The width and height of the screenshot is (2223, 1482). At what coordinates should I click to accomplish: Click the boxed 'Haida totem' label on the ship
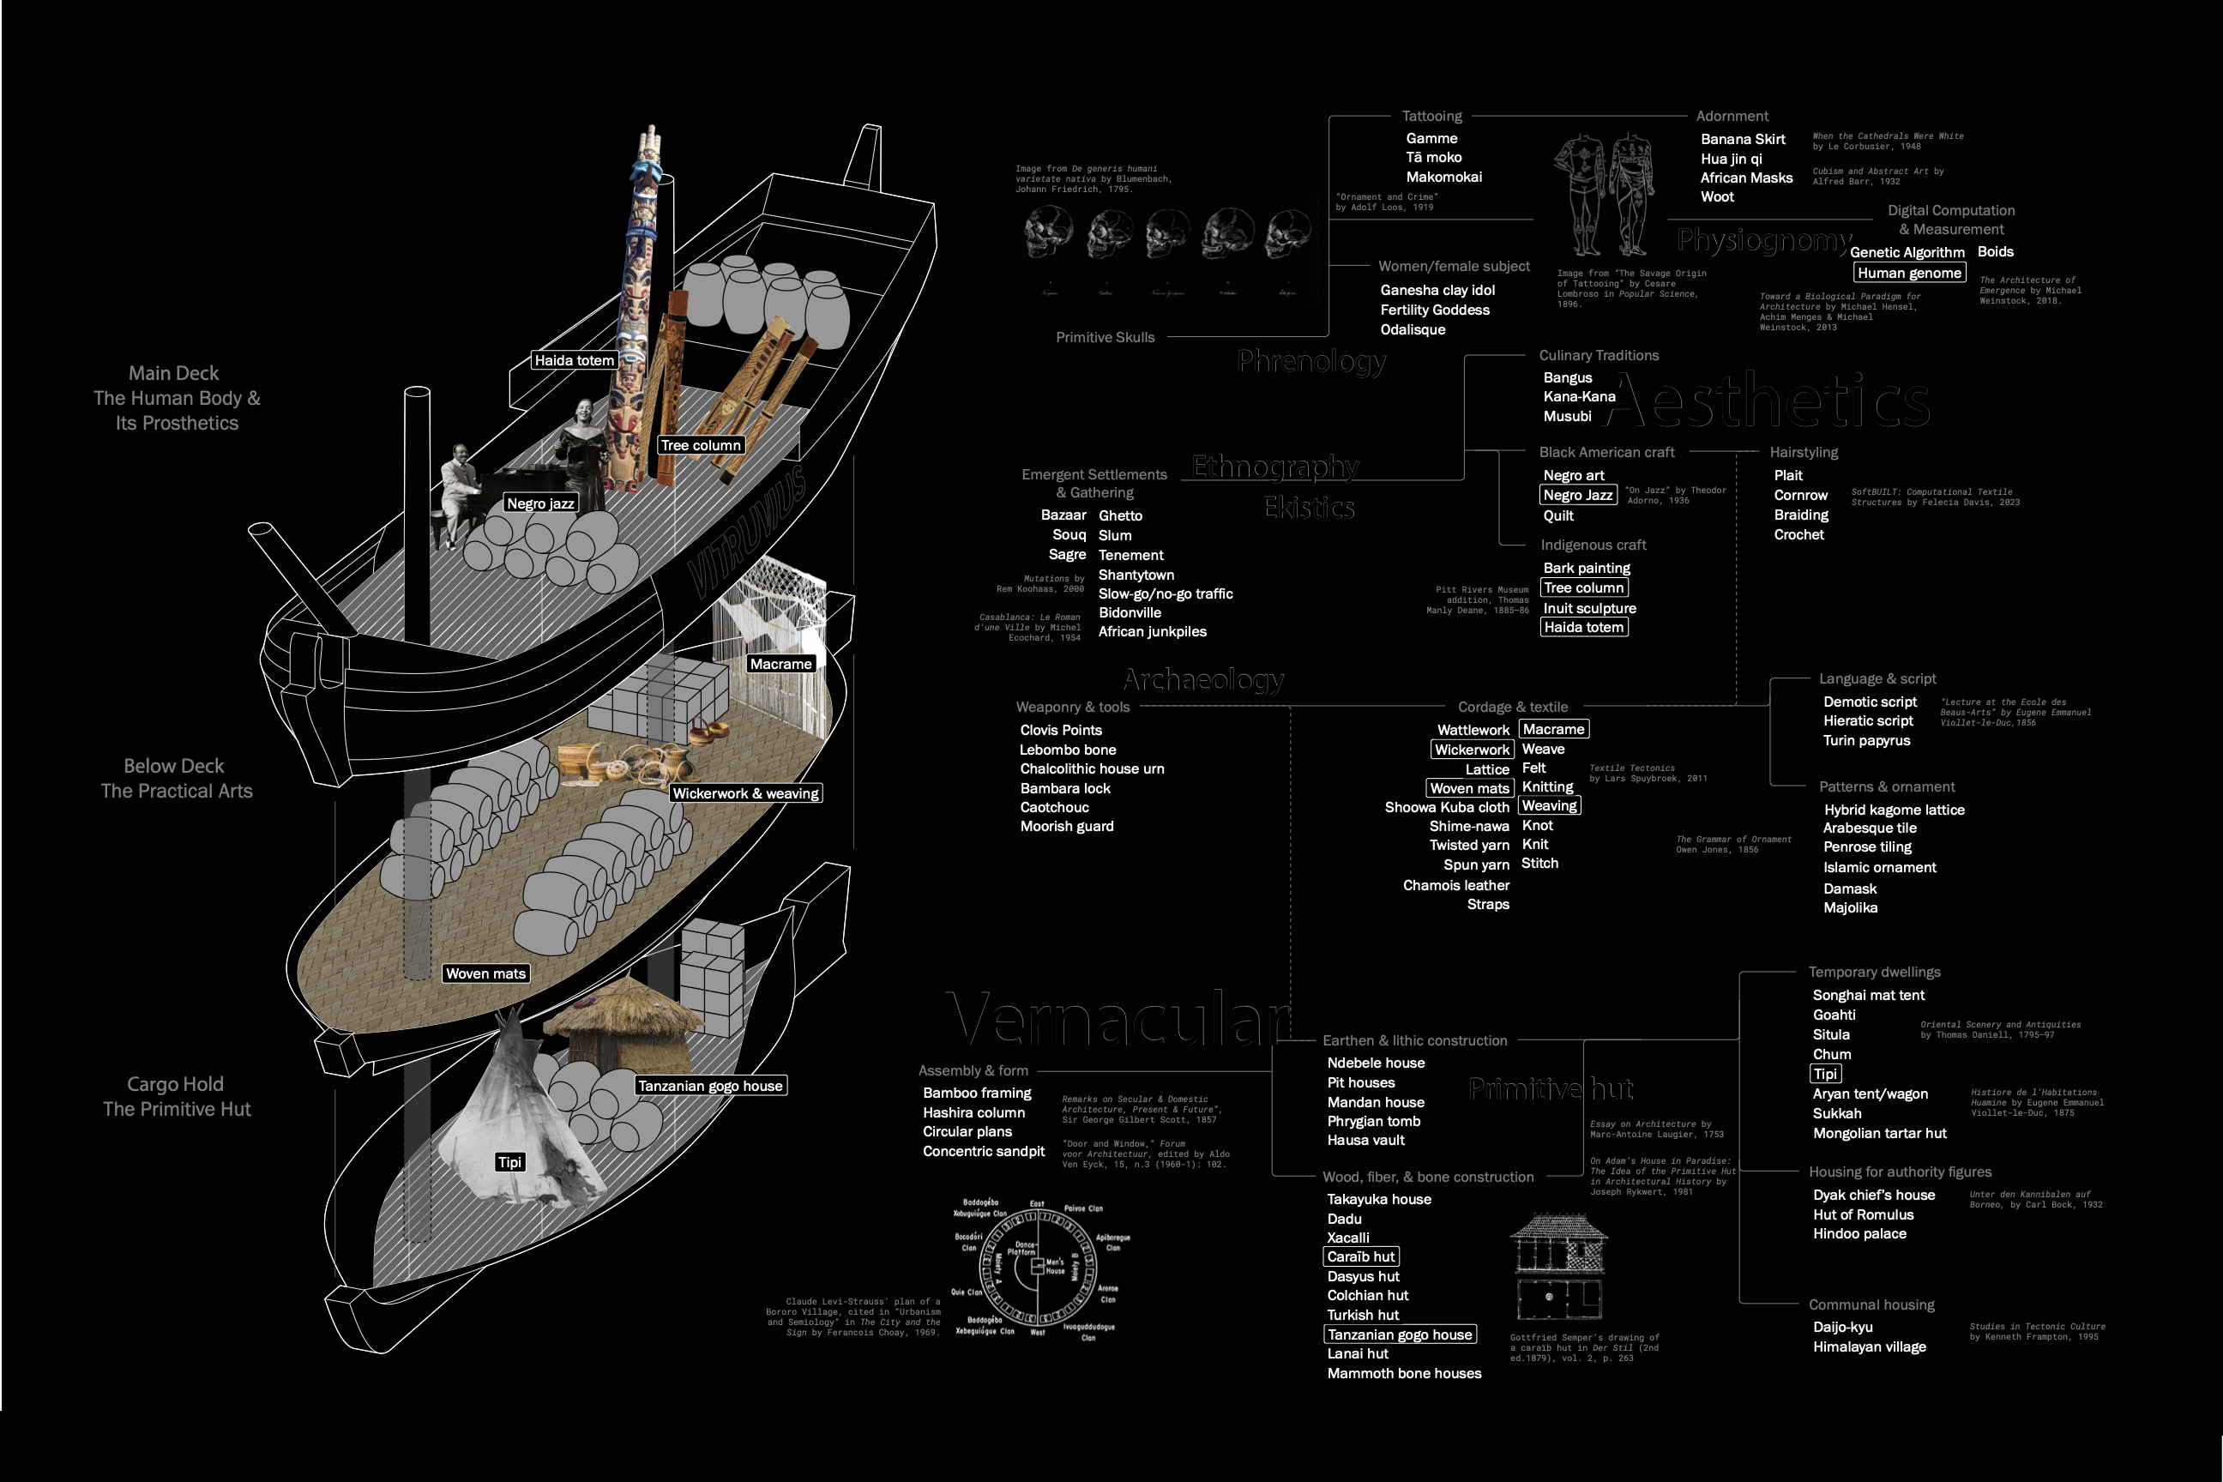574,360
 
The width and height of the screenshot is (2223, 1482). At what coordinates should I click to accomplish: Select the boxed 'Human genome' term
1908,273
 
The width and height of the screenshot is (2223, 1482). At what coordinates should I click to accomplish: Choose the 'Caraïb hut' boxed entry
1360,1257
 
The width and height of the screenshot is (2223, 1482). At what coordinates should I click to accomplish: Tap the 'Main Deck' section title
174,373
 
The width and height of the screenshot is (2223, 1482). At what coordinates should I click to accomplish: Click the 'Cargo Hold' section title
176,1084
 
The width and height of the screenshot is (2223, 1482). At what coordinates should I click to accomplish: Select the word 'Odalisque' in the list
1412,330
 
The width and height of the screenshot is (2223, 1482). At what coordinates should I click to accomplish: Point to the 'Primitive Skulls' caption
1105,337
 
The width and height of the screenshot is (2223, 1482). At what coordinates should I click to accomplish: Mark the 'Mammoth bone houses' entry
1404,1374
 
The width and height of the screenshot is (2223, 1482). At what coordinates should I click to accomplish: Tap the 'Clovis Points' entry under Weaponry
1060,731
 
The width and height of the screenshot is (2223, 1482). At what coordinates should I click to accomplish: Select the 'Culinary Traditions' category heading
1599,355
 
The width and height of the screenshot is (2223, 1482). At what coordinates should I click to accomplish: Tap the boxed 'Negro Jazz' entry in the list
1577,495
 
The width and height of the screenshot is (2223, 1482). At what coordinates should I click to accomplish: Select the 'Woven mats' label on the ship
485,974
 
